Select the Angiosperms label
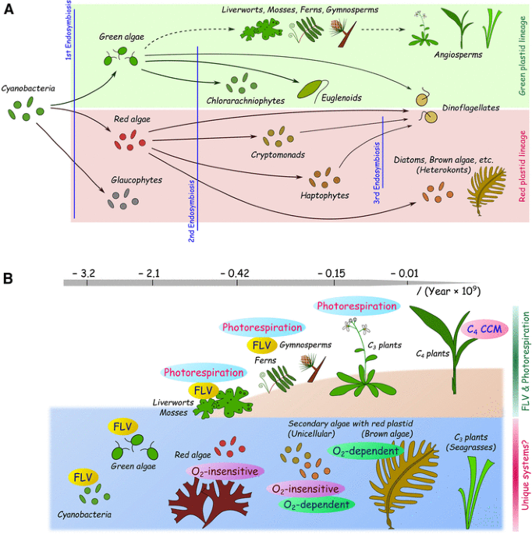(x=459, y=55)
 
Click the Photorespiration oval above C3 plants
(x=355, y=306)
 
